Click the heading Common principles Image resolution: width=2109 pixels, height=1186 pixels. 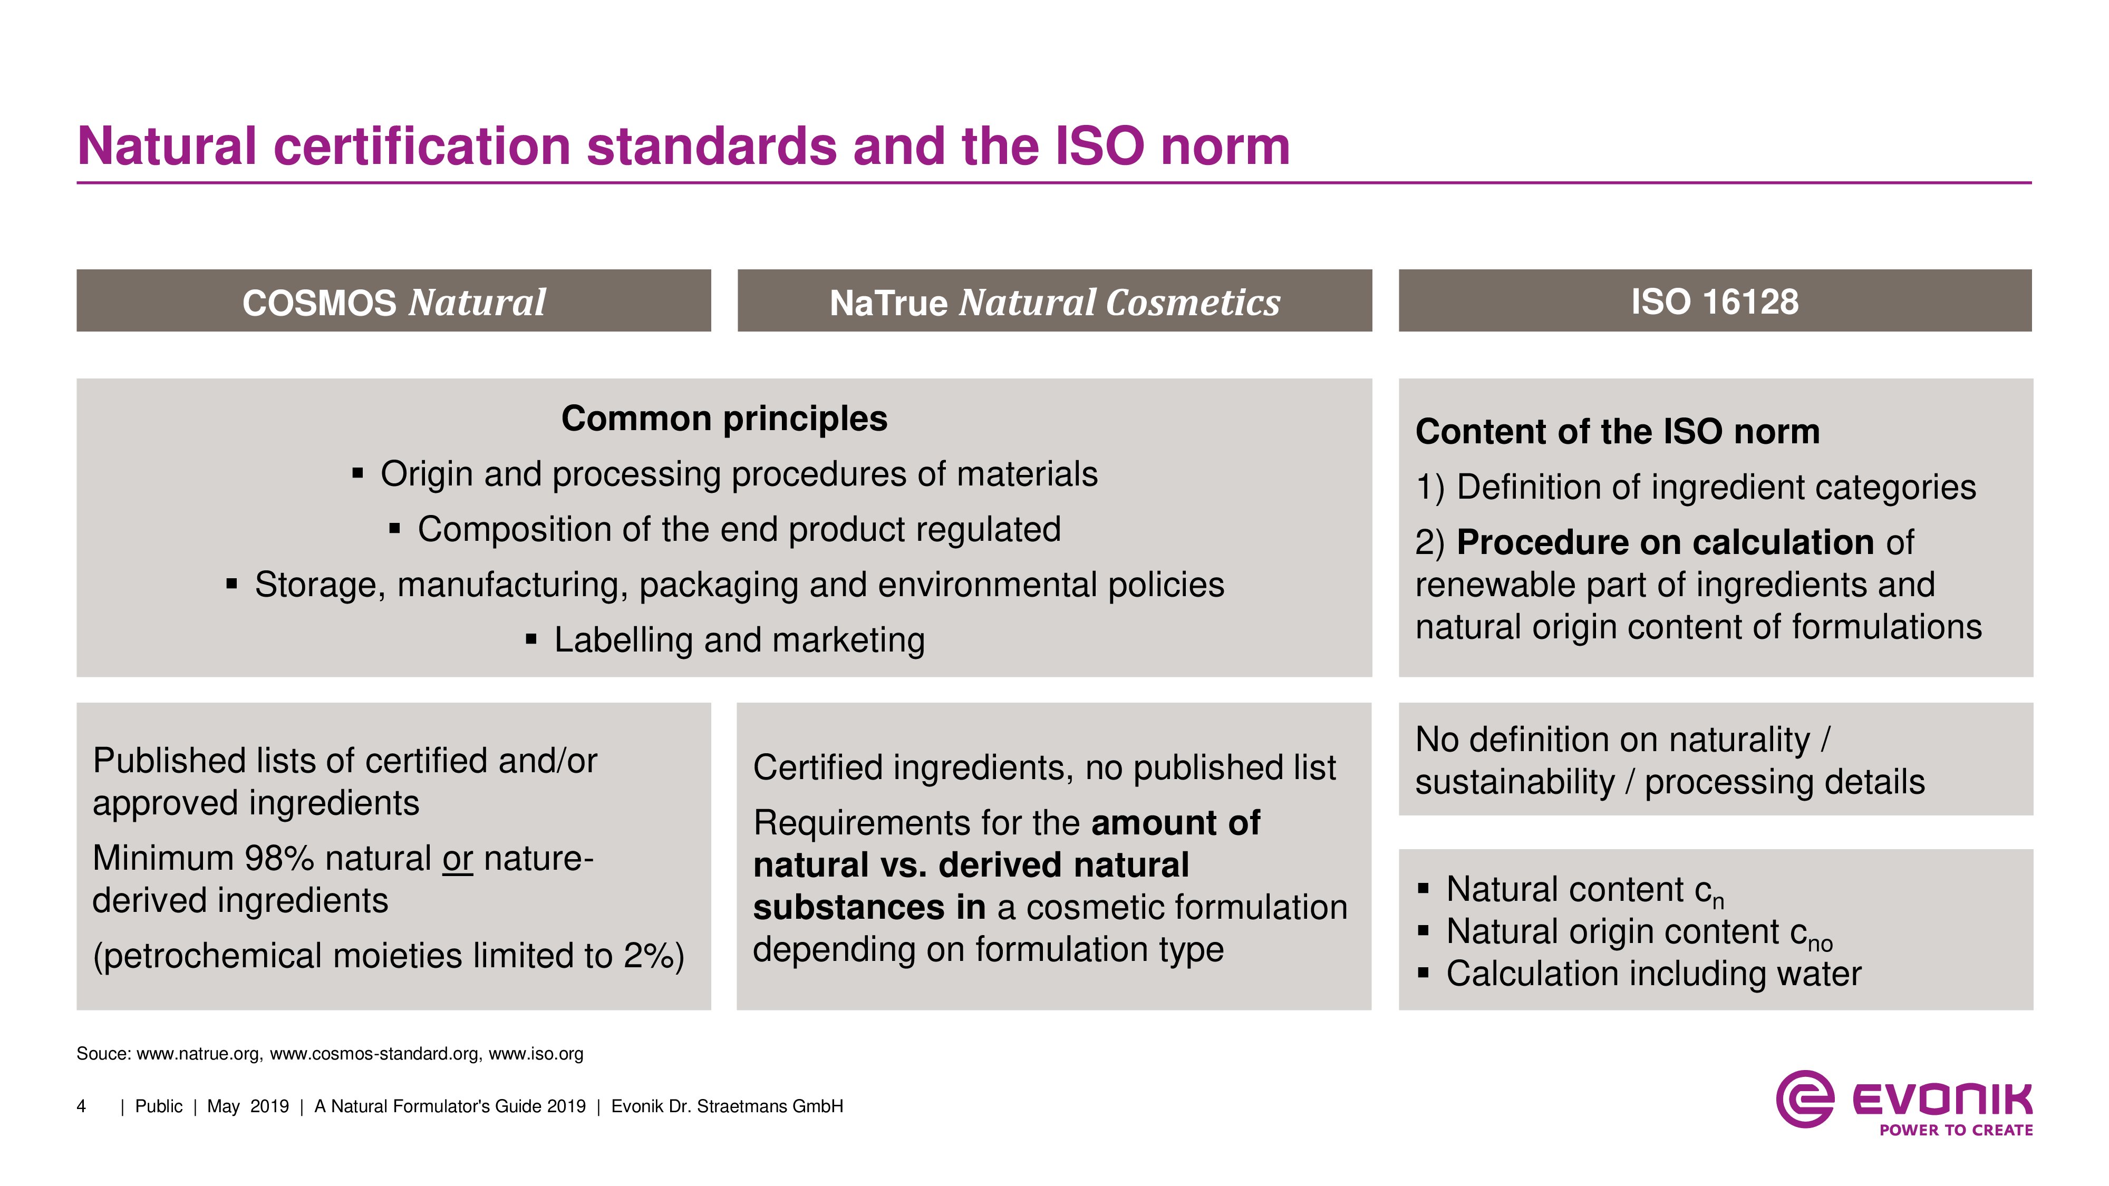point(724,419)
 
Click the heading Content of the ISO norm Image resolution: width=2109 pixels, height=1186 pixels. point(1618,431)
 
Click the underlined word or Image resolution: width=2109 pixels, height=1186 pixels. point(458,859)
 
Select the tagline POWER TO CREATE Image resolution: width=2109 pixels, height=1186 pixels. point(1956,1130)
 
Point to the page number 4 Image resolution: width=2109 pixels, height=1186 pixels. point(81,1106)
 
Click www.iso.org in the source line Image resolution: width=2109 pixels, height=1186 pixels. point(536,1054)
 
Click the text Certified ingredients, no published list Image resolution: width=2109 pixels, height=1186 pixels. point(1044,768)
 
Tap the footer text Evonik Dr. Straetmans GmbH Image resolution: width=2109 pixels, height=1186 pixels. point(727,1106)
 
